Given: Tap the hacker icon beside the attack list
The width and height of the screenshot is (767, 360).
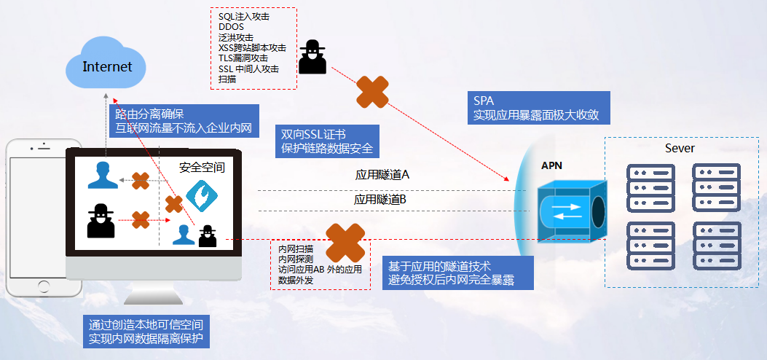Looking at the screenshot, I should (x=312, y=56).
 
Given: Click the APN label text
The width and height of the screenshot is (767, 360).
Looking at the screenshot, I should (x=551, y=166).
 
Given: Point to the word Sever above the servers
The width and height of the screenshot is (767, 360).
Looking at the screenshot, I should (x=680, y=149).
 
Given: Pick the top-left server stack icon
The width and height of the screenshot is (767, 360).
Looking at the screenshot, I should (x=651, y=186).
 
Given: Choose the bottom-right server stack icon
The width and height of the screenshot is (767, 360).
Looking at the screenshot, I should (x=716, y=246).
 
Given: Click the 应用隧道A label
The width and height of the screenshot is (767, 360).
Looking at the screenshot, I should (x=382, y=175).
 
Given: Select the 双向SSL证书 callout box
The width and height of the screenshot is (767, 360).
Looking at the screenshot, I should (x=328, y=141).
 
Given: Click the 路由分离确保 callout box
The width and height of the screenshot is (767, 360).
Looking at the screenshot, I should (x=184, y=121).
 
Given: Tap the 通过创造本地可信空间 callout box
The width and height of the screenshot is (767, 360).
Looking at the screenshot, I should (x=146, y=331).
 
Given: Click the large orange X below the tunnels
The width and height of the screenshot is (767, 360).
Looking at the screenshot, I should (x=345, y=243).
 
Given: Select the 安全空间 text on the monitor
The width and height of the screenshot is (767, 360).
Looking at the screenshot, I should (x=202, y=168).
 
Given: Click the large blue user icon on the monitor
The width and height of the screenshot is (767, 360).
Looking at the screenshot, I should (x=102, y=176).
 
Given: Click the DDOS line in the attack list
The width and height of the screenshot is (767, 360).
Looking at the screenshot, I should (x=232, y=26).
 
